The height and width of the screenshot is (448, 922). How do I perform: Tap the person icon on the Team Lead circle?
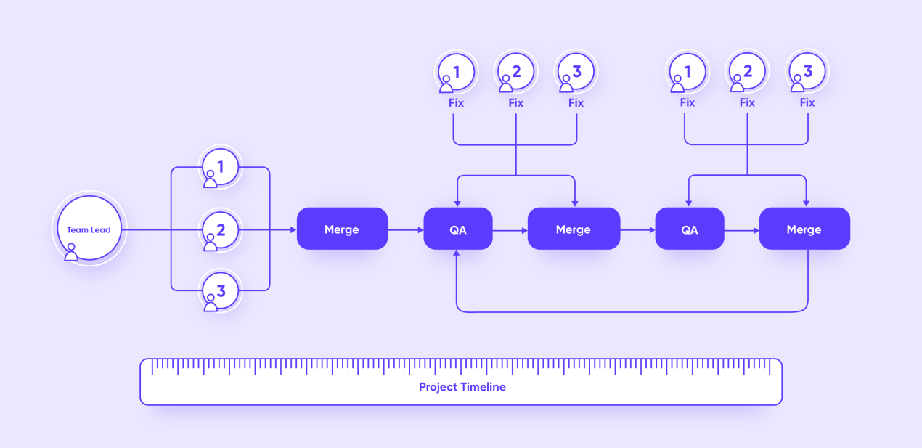click(71, 252)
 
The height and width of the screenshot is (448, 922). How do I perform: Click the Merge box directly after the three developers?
click(342, 229)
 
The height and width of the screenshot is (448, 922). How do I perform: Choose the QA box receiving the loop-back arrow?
click(458, 229)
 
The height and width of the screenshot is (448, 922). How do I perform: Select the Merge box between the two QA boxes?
click(574, 229)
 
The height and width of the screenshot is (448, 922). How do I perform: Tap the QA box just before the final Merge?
click(690, 229)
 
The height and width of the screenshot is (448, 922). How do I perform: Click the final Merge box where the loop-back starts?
click(804, 229)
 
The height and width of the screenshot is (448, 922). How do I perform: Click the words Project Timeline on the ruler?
click(462, 387)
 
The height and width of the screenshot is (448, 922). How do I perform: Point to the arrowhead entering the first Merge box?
click(293, 229)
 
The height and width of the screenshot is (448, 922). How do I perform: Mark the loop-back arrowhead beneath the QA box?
click(456, 253)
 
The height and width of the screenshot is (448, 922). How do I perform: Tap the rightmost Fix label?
click(807, 102)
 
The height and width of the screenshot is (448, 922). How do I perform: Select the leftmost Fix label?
click(456, 102)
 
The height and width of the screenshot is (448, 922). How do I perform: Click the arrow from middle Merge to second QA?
click(637, 230)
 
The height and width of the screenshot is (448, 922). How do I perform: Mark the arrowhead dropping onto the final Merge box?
click(806, 203)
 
